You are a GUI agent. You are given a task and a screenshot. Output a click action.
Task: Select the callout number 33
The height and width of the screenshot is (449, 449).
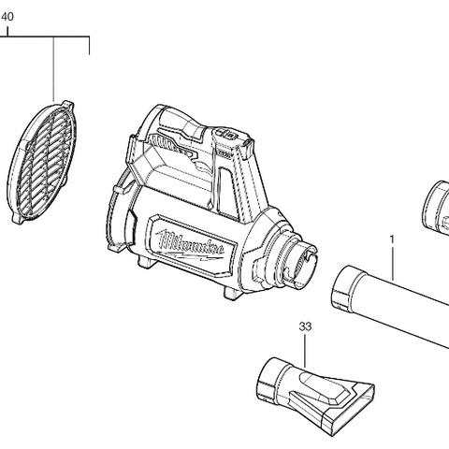tap(305, 326)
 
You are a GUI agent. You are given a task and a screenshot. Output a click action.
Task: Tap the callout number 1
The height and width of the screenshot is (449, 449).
tap(391, 239)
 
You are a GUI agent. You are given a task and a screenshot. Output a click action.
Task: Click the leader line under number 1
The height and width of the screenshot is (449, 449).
tap(392, 262)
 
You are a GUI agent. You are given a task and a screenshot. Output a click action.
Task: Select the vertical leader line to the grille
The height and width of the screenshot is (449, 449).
tap(53, 70)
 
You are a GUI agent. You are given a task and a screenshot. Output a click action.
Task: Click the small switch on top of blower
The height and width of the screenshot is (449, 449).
tap(227, 137)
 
